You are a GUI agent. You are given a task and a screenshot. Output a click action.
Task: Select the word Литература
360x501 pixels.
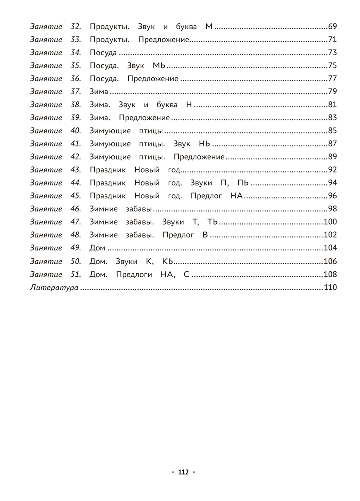[54, 288]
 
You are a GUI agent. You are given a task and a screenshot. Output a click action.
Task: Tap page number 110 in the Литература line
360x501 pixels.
[330, 288]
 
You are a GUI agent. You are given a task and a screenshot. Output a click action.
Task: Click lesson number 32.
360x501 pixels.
[75, 27]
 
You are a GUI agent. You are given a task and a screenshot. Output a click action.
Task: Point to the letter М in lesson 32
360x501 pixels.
[209, 27]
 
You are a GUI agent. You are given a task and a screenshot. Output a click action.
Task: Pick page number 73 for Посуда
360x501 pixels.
[332, 53]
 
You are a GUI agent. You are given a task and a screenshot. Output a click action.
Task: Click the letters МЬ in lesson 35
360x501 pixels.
[159, 66]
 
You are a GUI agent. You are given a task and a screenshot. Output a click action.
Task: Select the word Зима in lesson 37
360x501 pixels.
[99, 92]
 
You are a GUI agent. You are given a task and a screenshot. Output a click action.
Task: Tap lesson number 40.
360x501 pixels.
[75, 131]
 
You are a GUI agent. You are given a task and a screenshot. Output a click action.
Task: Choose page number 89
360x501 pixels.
[332, 157]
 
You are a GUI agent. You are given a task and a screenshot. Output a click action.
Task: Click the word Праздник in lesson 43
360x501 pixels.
[108, 170]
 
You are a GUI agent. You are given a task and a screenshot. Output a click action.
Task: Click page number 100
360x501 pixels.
[330, 222]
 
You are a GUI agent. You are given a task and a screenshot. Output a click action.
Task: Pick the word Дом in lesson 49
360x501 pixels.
[97, 248]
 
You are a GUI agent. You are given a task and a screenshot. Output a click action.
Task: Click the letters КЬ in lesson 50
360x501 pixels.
[167, 261]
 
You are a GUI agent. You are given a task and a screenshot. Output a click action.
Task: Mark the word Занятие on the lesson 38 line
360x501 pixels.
[46, 105]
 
